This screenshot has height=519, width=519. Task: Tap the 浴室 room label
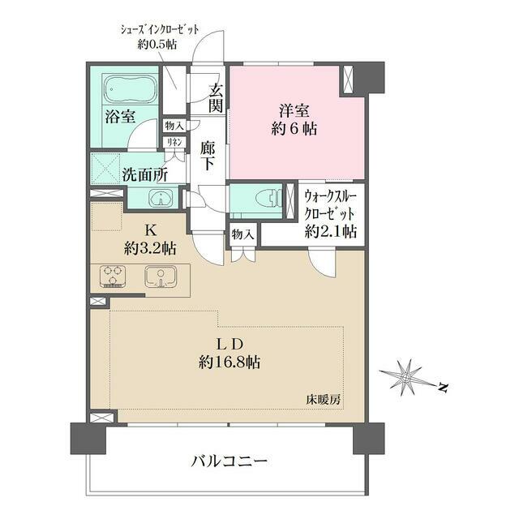[118, 117]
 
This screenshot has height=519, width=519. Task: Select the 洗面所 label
[145, 174]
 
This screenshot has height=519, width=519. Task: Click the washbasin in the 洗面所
[160, 198]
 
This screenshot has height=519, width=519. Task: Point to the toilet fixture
[265, 198]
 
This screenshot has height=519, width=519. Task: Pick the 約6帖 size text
[294, 128]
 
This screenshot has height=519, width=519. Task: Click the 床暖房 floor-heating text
[322, 399]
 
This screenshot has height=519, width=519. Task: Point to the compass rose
[405, 375]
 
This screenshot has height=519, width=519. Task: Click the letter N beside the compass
[443, 388]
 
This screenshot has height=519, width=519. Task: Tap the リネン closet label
[174, 142]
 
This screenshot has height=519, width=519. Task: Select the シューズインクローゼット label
[161, 29]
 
